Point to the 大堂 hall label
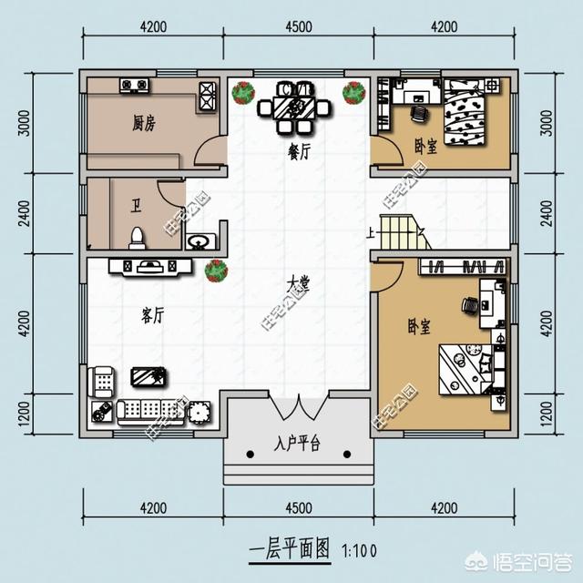297,284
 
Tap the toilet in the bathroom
138,237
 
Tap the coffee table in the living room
147,375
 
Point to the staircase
403,232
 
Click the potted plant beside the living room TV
216,269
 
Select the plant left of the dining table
242,92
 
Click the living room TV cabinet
149,266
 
